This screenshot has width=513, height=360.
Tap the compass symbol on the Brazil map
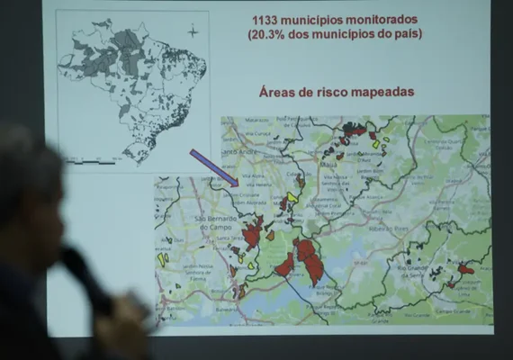pyautogui.click(x=192, y=32)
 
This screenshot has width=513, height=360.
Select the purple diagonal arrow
pyautogui.click(x=213, y=168)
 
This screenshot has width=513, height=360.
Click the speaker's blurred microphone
pyautogui.click(x=90, y=279)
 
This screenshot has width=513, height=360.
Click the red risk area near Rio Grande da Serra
pyautogui.click(x=464, y=268)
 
